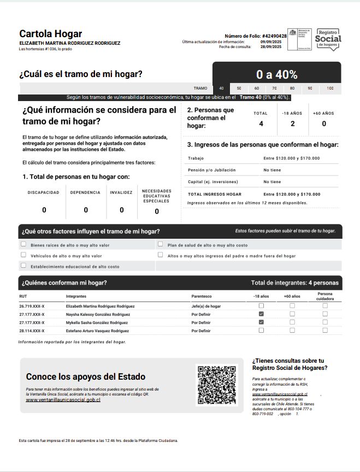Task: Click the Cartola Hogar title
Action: point(50,34)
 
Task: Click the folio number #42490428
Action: point(274,36)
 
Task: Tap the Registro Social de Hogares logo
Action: point(329,39)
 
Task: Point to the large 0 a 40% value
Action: point(276,75)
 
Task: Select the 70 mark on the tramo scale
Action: point(274,88)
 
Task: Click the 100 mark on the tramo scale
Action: point(330,88)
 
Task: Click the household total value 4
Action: point(261,123)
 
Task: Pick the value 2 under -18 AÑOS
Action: point(292,123)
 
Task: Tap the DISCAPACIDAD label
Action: point(44,192)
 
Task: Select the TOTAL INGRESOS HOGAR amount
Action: point(292,194)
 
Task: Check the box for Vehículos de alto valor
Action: point(23,255)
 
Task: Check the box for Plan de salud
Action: point(161,245)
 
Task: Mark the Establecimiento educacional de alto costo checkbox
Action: point(23,265)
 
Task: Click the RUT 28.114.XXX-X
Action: point(32,331)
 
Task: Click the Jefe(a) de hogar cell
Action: point(206,306)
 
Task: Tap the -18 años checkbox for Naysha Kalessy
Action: point(261,314)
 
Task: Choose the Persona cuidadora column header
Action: point(324,296)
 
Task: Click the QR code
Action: point(216,385)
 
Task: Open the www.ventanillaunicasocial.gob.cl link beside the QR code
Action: point(63,399)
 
